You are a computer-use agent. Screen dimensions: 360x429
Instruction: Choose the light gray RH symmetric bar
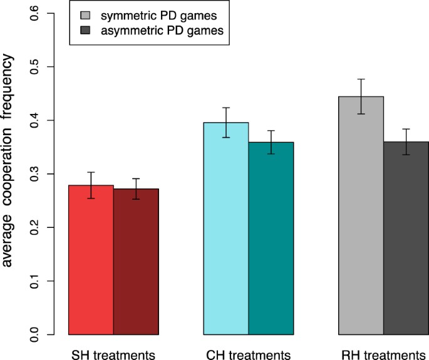click(361, 215)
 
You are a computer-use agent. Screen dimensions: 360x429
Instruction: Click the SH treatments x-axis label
click(113, 354)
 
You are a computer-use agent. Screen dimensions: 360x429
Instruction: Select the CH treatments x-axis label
click(249, 354)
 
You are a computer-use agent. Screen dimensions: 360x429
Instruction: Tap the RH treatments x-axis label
click(383, 354)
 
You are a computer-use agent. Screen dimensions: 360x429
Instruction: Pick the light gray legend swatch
click(85, 14)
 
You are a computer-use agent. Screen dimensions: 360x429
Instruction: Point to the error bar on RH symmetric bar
click(361, 96)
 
